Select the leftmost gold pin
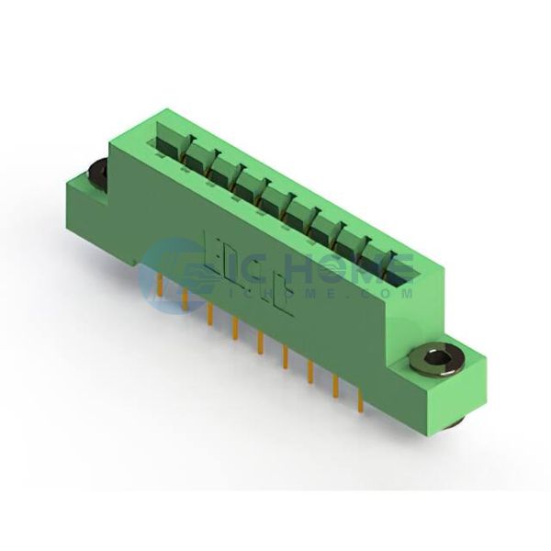(x=160, y=285)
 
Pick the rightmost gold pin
(x=360, y=400)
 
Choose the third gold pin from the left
(x=210, y=313)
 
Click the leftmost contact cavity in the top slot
(x=168, y=142)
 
